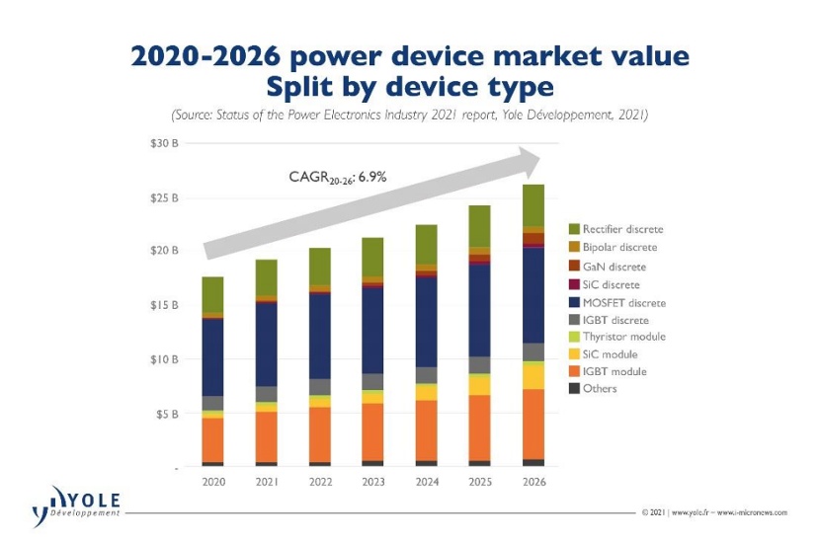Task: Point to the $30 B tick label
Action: coord(164,143)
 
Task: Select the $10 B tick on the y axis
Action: coord(164,359)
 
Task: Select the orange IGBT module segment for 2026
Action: coord(533,425)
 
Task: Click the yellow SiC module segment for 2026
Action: coord(533,377)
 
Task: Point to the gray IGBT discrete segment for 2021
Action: coord(266,394)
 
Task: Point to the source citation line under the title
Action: coord(409,116)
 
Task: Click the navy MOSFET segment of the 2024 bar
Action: coord(426,322)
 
